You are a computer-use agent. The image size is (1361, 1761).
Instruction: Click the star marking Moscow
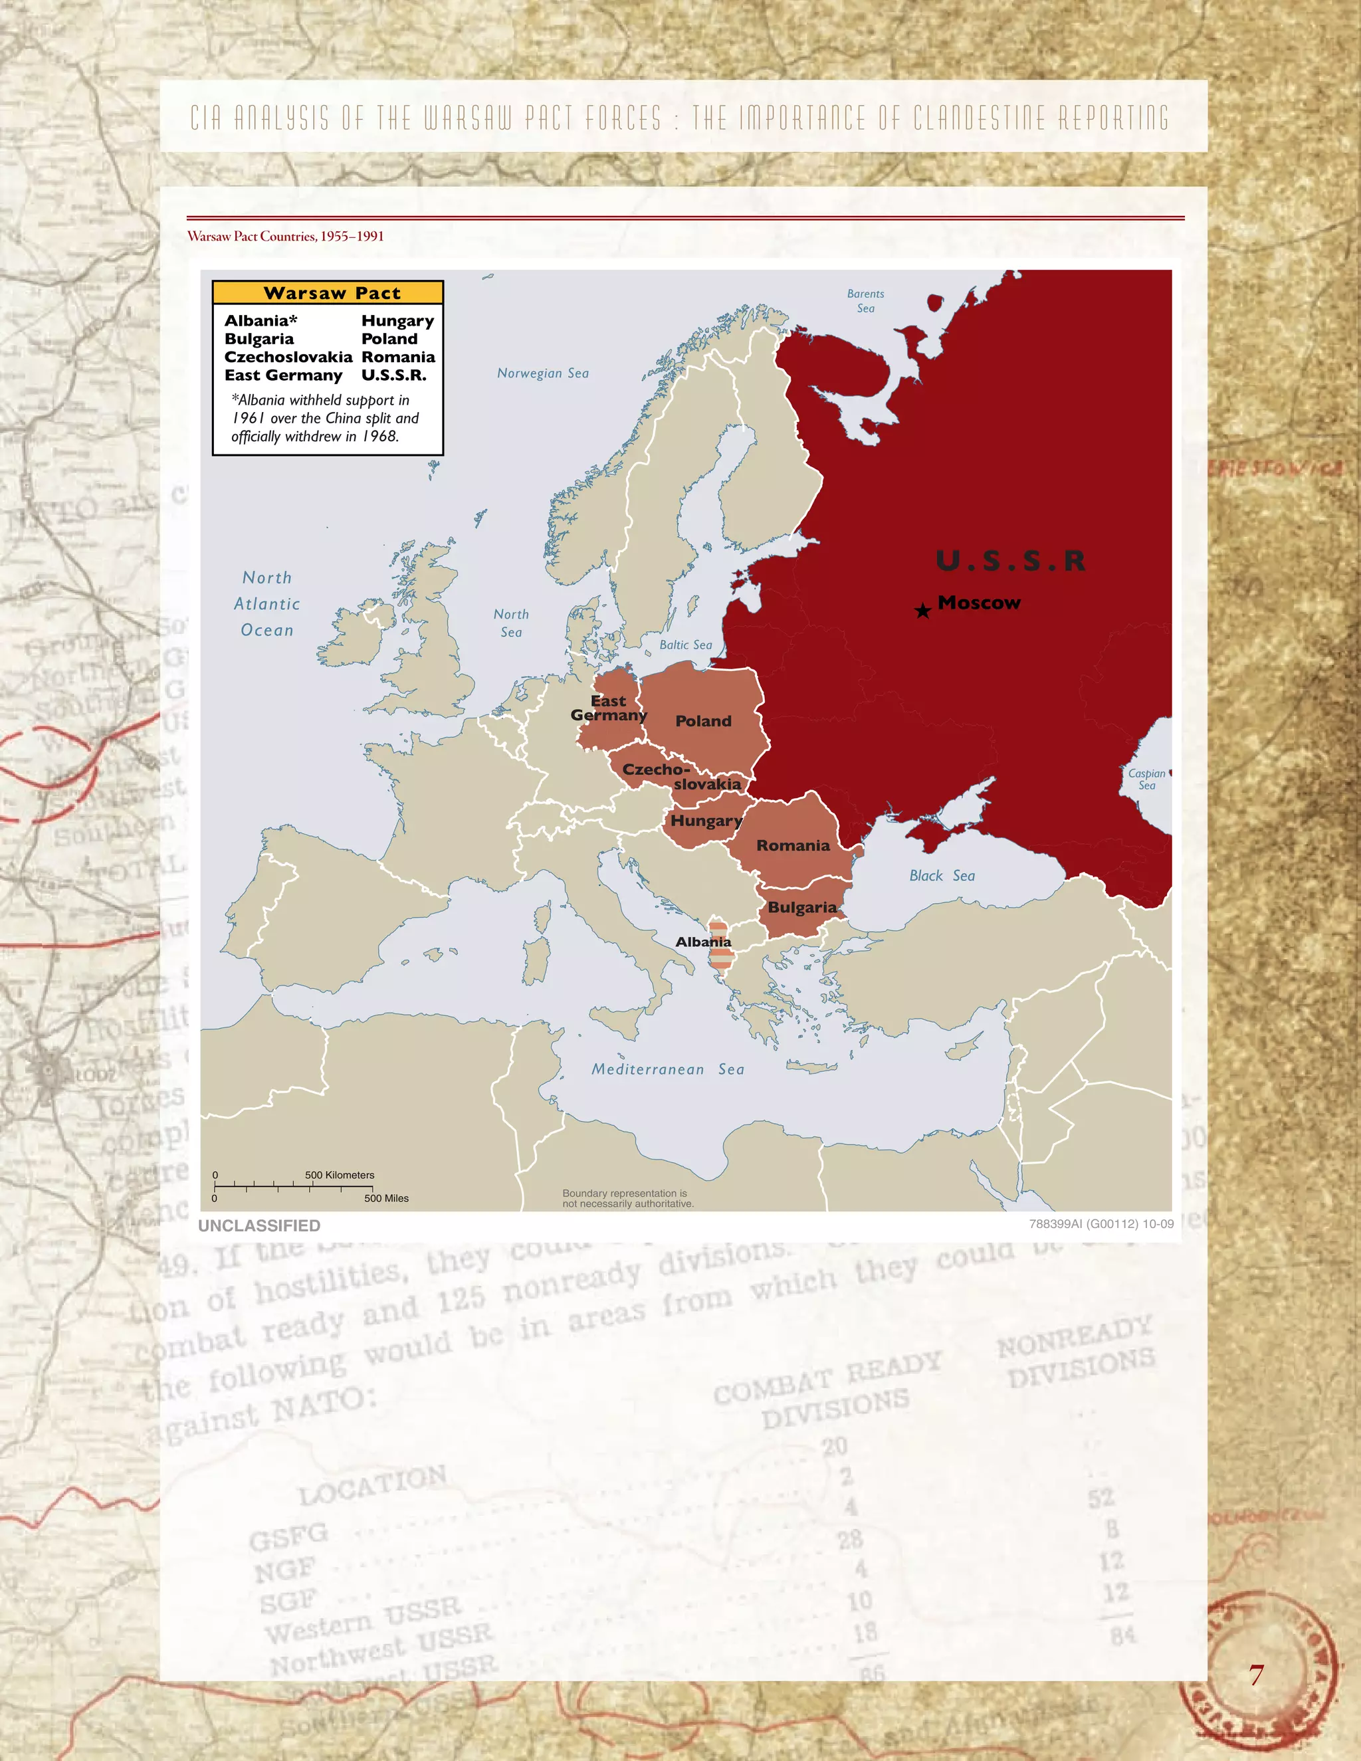click(923, 611)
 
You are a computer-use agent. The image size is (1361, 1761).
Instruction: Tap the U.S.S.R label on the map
click(1010, 560)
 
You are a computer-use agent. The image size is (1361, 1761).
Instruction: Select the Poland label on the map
click(703, 721)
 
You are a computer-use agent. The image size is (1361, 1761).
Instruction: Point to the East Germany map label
click(609, 708)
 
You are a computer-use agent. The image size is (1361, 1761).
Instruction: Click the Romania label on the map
click(793, 845)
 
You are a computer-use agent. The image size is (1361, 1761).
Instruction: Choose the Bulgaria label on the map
click(801, 907)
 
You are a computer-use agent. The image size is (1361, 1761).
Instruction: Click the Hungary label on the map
click(706, 821)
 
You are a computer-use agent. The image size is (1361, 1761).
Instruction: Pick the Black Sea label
click(942, 876)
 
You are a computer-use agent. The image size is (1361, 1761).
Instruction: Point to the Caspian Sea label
click(1146, 779)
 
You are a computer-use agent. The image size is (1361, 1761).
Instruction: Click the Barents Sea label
click(865, 301)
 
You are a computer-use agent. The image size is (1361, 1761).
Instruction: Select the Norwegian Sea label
click(543, 373)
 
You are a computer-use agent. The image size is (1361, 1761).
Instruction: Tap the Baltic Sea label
click(685, 645)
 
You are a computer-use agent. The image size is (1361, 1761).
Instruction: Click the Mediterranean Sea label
click(668, 1069)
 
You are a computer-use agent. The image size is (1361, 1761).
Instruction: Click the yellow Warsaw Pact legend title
click(328, 292)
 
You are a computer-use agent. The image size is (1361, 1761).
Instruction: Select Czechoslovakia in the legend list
click(288, 356)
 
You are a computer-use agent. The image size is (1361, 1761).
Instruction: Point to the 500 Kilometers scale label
click(340, 1175)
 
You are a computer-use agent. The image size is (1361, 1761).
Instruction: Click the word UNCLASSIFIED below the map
click(259, 1225)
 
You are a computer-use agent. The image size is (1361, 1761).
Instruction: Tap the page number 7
click(1256, 1675)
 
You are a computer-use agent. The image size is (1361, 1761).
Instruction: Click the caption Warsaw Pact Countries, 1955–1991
click(285, 237)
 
